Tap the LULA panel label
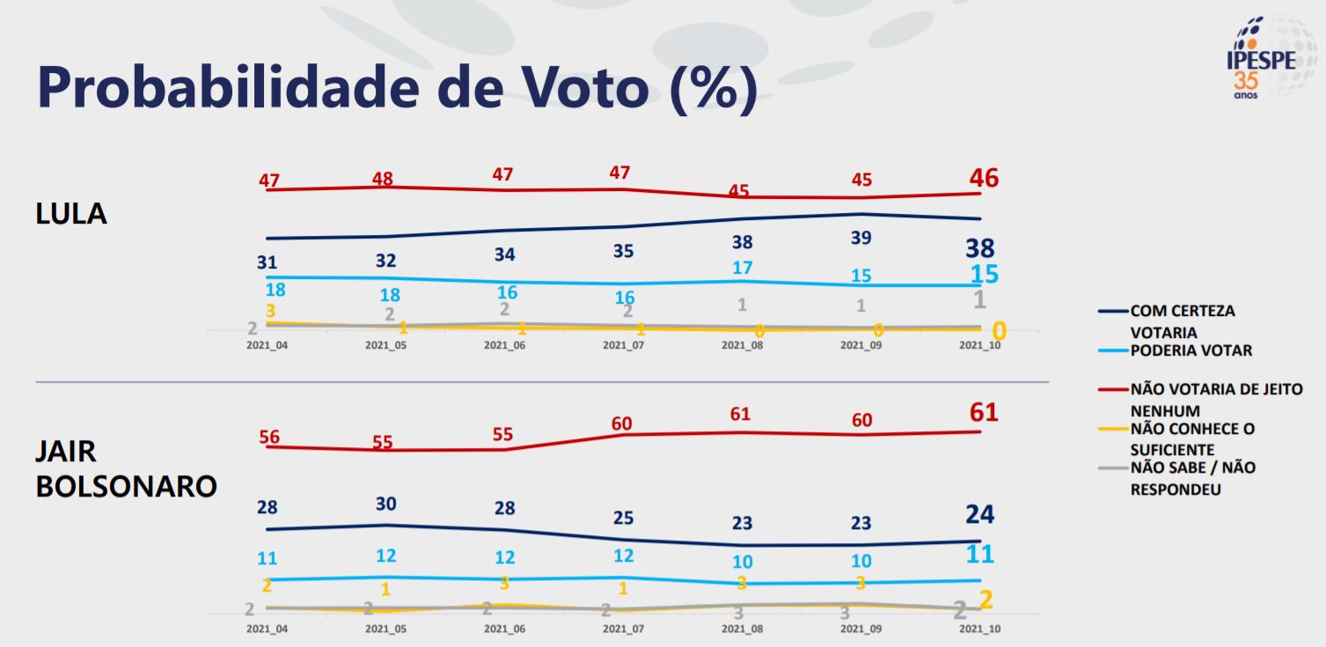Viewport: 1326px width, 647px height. click(x=70, y=213)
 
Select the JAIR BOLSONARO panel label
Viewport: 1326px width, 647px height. click(x=126, y=468)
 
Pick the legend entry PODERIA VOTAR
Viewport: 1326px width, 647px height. click(x=1190, y=350)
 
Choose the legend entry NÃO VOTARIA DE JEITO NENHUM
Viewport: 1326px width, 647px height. click(x=1215, y=400)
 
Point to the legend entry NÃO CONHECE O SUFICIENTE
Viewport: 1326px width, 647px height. click(x=1191, y=439)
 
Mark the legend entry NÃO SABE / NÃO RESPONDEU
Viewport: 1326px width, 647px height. click(x=1192, y=478)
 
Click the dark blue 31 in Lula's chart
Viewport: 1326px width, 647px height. click(x=267, y=261)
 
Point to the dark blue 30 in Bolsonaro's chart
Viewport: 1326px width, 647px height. click(x=386, y=504)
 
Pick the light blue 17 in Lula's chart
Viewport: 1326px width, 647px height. click(x=742, y=268)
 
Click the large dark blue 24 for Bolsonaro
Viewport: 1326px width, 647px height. click(x=979, y=515)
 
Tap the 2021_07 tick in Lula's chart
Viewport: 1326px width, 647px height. click(x=623, y=345)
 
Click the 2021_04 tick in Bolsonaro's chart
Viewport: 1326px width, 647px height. click(x=267, y=629)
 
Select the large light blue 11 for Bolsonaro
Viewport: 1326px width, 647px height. click(x=979, y=555)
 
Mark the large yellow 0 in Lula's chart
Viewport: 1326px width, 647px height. click(x=999, y=332)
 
